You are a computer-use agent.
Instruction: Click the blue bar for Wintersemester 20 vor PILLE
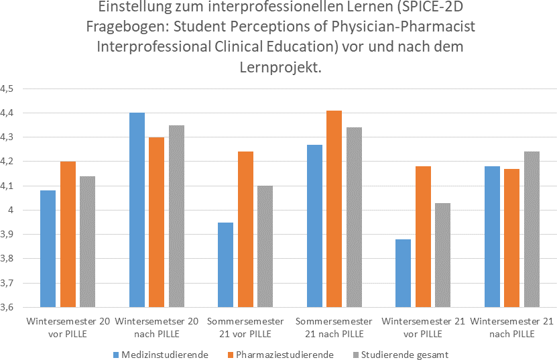coord(48,249)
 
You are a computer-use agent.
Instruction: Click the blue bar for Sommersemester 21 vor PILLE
coord(225,265)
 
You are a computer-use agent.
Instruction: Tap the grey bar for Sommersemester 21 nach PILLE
coord(354,217)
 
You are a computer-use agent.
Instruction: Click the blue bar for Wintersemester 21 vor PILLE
coord(403,273)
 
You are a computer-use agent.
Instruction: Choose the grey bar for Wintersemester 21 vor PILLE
coord(442,255)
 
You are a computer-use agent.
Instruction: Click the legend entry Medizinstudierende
coord(161,354)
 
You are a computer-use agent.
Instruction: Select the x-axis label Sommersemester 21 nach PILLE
coord(334,327)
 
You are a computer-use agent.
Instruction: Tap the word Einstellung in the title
coord(131,9)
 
